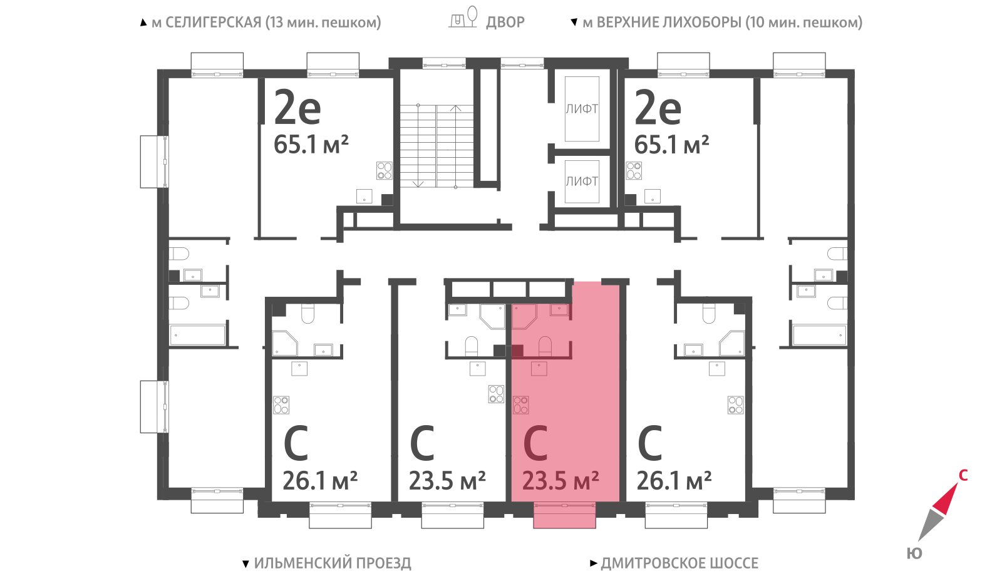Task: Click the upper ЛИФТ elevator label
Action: (582, 109)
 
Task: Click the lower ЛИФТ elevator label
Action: (582, 181)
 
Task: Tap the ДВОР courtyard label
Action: (505, 22)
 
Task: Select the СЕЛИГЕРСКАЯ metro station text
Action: (214, 23)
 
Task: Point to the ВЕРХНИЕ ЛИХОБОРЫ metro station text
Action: (668, 23)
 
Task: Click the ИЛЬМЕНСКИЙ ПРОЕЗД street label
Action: (333, 563)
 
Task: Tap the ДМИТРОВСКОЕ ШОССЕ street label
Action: (679, 563)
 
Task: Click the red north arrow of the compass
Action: (946, 498)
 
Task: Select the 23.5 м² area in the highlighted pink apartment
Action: (560, 481)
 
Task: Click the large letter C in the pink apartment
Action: (536, 443)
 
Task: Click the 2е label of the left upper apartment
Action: (297, 107)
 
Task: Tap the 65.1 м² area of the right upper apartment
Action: (671, 145)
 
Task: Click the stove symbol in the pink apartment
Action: (520, 405)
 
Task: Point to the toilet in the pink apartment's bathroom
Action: (544, 346)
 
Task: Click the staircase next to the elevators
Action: (436, 146)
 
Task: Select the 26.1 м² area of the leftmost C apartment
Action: (320, 481)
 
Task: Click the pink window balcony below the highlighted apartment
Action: (564, 515)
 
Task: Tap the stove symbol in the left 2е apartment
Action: (385, 170)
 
